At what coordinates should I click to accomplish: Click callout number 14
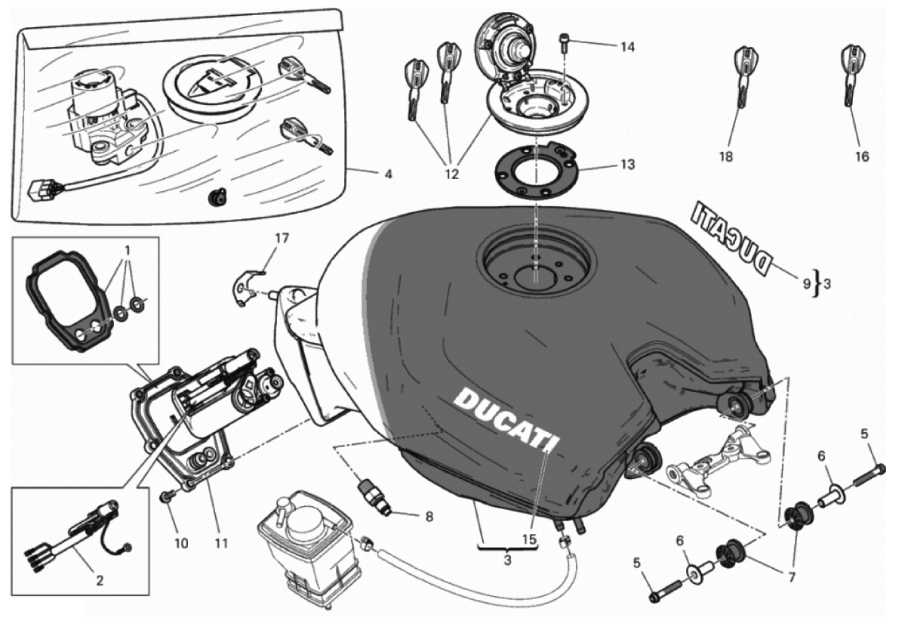click(x=628, y=47)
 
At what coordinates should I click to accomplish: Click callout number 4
click(x=388, y=175)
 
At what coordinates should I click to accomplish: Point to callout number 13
click(x=628, y=164)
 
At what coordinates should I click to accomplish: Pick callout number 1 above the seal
click(x=128, y=249)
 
